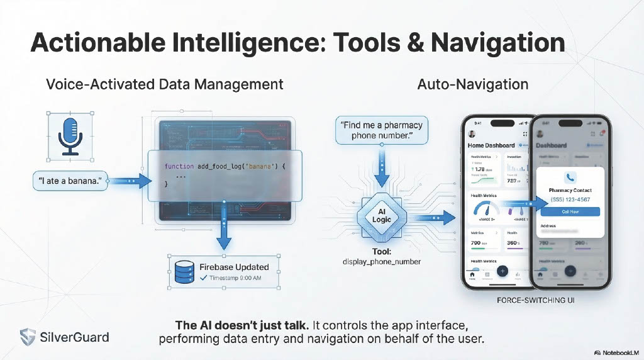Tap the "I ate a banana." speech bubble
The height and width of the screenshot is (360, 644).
pyautogui.click(x=69, y=182)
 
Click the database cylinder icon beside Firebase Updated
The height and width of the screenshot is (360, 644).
pyautogui.click(x=183, y=272)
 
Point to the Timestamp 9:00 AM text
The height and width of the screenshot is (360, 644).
pyautogui.click(x=235, y=278)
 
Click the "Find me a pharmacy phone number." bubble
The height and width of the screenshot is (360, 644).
pyautogui.click(x=381, y=130)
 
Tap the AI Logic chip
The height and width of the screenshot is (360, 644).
pyautogui.click(x=382, y=215)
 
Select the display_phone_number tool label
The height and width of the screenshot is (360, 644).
pyautogui.click(x=382, y=261)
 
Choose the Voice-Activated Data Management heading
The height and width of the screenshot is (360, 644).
pyautogui.click(x=165, y=84)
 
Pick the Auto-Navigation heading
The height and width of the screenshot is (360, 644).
pyautogui.click(x=472, y=84)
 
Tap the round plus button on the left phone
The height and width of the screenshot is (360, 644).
pyautogui.click(x=502, y=271)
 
